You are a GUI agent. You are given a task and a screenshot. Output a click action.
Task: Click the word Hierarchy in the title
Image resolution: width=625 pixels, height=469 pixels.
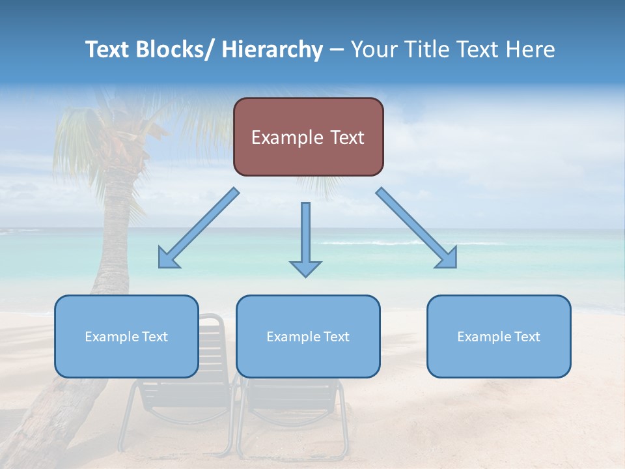271,50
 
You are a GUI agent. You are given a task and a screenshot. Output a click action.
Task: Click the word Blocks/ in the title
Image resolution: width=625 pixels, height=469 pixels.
173,50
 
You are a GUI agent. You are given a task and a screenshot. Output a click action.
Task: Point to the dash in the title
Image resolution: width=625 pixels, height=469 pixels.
337,50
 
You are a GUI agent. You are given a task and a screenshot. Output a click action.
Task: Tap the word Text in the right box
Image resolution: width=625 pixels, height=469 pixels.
527,337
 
